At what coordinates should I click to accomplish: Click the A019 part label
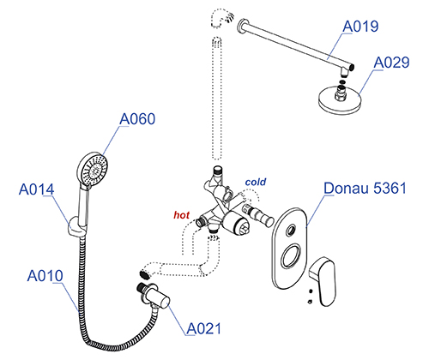[360, 27]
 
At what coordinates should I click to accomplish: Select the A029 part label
[391, 63]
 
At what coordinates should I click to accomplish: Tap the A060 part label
[137, 119]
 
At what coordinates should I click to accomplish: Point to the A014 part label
[36, 189]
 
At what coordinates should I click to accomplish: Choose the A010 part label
[45, 276]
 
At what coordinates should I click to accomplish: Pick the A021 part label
[204, 328]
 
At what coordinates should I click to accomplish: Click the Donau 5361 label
[365, 188]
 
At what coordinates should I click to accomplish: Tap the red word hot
[181, 215]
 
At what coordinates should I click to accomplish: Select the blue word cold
[256, 182]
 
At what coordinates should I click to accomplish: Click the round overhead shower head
[339, 99]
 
